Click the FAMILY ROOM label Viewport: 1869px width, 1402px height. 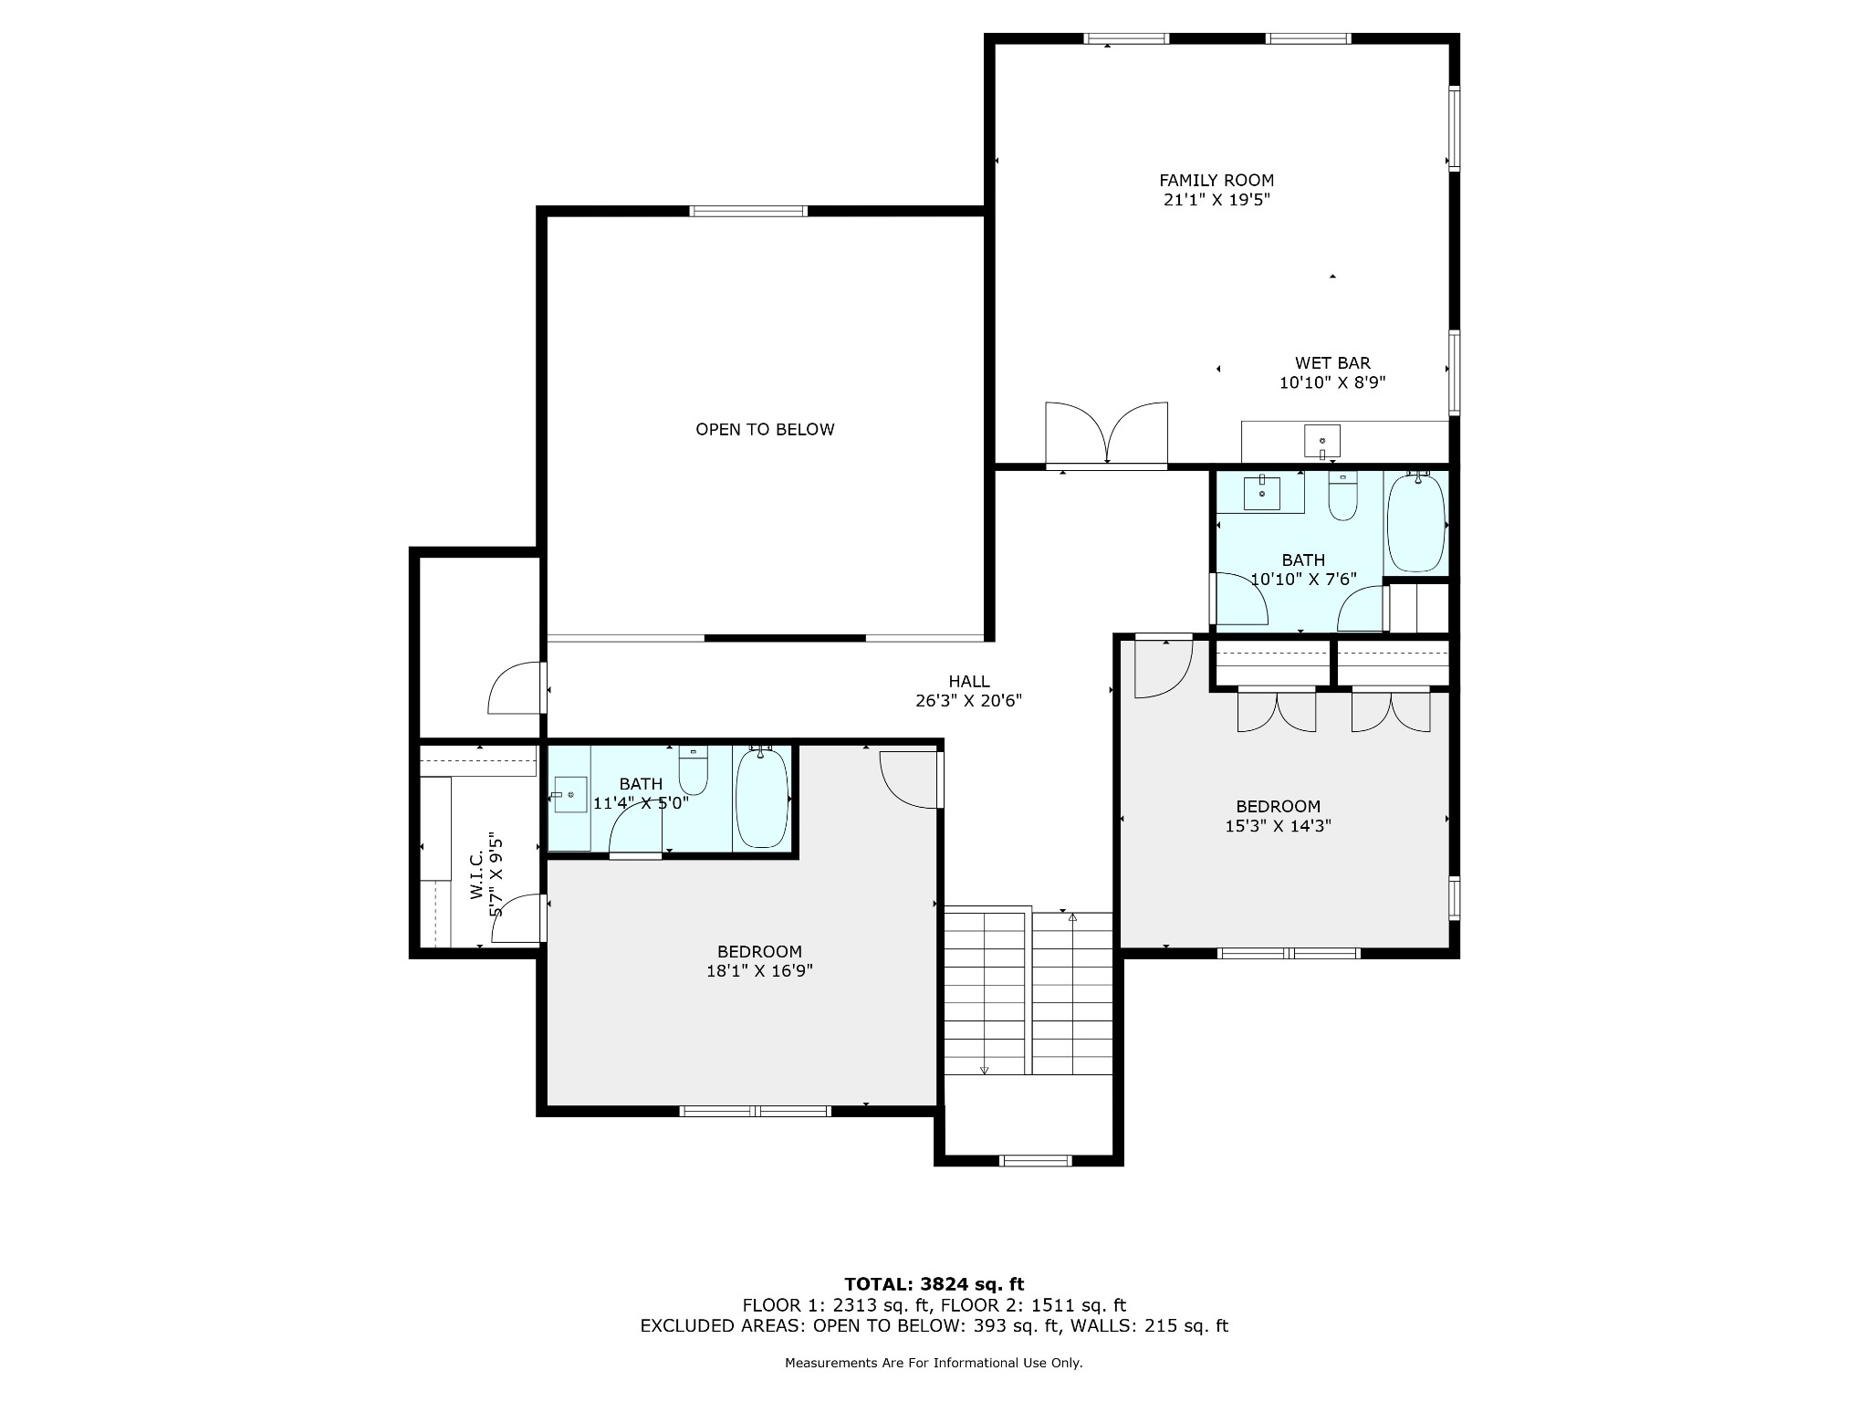[1216, 181]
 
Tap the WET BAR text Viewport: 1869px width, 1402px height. [1332, 363]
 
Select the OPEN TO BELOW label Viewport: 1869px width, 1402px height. [765, 430]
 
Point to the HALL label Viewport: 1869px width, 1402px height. [969, 681]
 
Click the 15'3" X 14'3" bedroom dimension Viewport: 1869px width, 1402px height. [1278, 826]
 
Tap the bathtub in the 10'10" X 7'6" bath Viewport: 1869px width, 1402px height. [1416, 523]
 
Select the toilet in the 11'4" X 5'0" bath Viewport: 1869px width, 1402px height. [694, 771]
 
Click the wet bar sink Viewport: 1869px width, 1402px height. [1322, 442]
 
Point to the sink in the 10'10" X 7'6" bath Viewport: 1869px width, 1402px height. [1262, 494]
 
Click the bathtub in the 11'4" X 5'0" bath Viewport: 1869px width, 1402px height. [762, 798]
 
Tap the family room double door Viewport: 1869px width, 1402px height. [1106, 434]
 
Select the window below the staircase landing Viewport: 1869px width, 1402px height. [1035, 1160]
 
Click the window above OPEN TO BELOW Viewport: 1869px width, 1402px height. [748, 211]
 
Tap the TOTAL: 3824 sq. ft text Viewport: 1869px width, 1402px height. [934, 1285]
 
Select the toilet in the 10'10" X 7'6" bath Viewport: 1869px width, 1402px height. [1342, 496]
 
